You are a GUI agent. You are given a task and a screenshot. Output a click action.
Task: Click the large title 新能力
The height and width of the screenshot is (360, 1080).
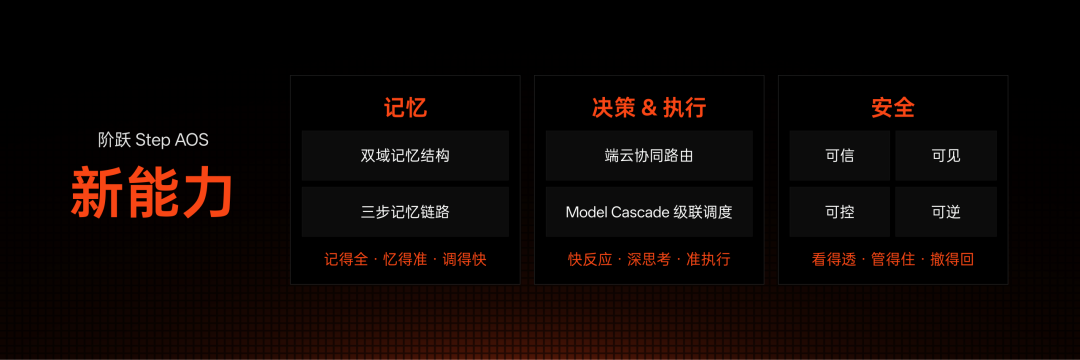point(152,191)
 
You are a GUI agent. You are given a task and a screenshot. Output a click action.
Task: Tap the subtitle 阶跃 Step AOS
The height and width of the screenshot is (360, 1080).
point(153,140)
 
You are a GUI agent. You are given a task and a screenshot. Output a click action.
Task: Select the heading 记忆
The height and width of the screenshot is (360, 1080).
point(405,108)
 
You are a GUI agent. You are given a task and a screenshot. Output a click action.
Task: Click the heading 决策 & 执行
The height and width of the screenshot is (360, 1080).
point(649,108)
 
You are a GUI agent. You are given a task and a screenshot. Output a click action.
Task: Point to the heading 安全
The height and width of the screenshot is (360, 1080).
point(893,108)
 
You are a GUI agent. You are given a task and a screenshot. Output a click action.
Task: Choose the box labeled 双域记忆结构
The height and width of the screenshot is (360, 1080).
point(405,156)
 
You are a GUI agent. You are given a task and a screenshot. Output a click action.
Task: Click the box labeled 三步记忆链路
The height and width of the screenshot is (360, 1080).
point(405,212)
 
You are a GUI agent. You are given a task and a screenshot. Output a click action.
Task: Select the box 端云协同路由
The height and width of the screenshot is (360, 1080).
point(649,156)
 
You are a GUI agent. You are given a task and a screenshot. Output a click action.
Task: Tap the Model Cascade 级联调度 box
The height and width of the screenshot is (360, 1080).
point(649,212)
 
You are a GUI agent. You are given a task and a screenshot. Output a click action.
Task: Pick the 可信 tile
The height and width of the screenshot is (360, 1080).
point(840,156)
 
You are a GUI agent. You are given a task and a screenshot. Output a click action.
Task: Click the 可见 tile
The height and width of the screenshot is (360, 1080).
point(946,156)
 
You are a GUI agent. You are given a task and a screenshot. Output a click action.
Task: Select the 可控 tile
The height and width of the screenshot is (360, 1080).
point(840,212)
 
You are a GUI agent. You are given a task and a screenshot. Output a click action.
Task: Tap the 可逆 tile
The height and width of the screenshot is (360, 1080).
point(946,212)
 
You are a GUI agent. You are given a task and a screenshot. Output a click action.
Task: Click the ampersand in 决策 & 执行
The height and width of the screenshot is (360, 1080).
point(649,109)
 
